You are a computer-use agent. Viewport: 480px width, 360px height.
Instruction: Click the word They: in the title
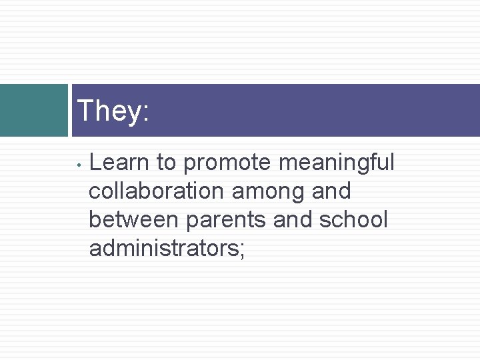pos(113,111)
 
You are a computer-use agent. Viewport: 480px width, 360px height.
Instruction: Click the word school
pos(353,219)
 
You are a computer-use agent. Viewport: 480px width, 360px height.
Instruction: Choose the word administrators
pos(163,249)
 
